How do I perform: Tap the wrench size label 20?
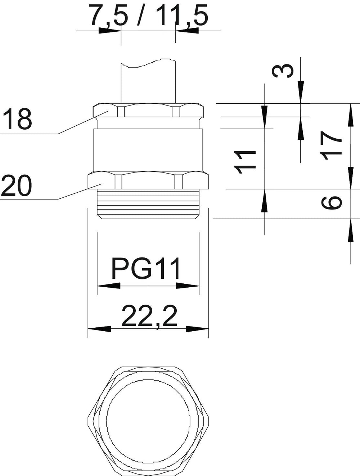tap(16, 185)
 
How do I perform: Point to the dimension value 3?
tap(283, 71)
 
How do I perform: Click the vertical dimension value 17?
tap(331, 145)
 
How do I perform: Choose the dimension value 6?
tap(331, 203)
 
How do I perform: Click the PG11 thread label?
tap(146, 268)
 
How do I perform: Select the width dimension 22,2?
tap(149, 317)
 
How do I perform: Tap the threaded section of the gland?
tap(148, 204)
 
